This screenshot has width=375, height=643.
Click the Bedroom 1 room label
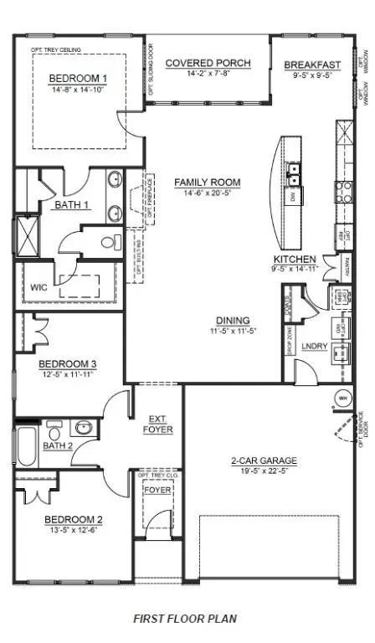(78, 78)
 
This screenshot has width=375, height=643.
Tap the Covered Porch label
(198, 63)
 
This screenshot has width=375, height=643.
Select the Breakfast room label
(312, 64)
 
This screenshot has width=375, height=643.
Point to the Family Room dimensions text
(207, 193)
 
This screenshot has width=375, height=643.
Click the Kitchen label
(295, 259)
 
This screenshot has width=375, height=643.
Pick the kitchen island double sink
(294, 175)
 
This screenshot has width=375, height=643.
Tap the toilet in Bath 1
(110, 243)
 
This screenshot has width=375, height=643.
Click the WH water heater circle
(343, 398)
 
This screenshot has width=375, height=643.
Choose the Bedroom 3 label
(69, 363)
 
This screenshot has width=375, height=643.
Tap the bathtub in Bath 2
(26, 447)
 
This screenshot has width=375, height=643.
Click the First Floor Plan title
(185, 619)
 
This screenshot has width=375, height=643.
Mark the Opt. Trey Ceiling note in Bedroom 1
(56, 50)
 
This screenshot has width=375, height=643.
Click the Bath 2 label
(59, 445)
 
